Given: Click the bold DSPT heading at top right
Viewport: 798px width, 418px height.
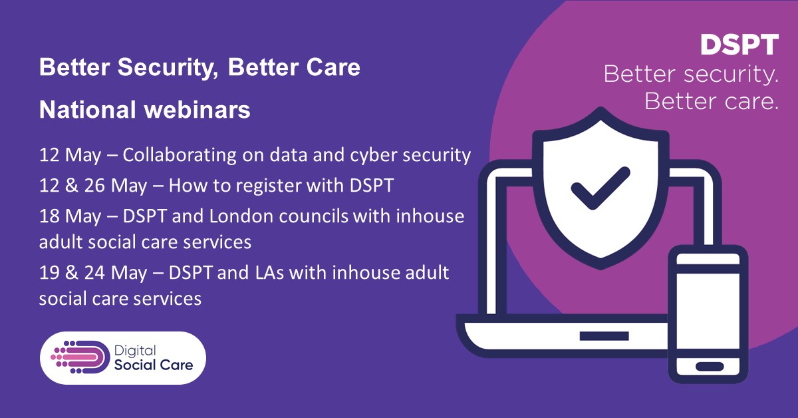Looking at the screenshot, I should pyautogui.click(x=739, y=45).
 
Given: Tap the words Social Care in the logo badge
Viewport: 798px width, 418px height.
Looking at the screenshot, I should pyautogui.click(x=154, y=365).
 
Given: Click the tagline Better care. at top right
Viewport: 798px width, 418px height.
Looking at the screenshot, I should pyautogui.click(x=711, y=102).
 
